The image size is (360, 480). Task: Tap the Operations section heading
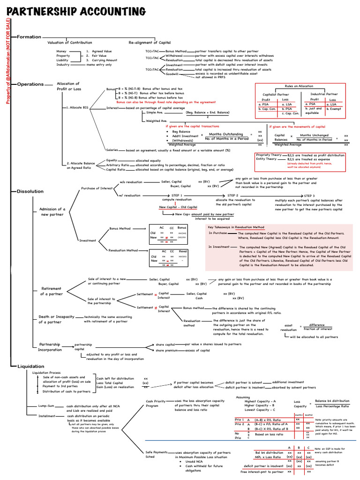[30, 84]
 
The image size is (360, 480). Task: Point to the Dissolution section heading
[30, 191]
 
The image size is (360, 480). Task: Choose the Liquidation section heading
[30, 366]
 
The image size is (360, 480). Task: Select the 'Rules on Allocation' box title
[299, 86]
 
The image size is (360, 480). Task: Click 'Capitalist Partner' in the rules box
[276, 94]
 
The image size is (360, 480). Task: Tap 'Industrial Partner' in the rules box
[324, 94]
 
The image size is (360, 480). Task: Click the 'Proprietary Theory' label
[269, 155]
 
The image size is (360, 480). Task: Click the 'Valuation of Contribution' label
[70, 42]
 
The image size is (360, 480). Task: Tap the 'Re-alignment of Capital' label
[150, 42]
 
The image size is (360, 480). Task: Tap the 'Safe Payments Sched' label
[156, 455]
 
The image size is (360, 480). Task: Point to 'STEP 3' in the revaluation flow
[309, 195]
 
